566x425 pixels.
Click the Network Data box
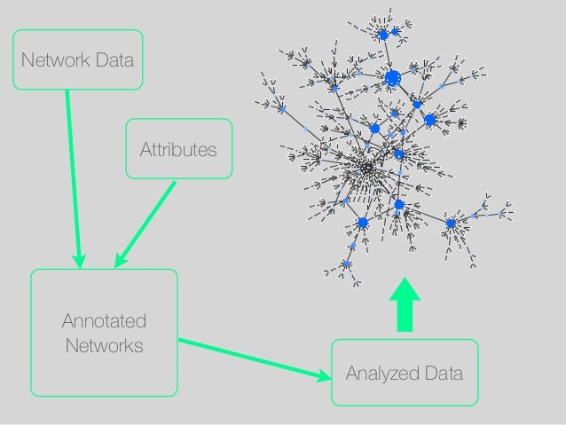[x=77, y=60]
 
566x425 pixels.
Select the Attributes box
[x=178, y=149]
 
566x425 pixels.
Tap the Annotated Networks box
[x=104, y=332]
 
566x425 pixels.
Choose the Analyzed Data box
[x=404, y=373]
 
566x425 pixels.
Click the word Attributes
[x=178, y=149]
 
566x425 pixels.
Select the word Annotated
[x=104, y=320]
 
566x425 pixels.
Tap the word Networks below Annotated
[x=104, y=345]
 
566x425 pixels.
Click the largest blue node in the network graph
[x=393, y=79]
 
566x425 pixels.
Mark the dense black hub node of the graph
[x=366, y=166]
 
